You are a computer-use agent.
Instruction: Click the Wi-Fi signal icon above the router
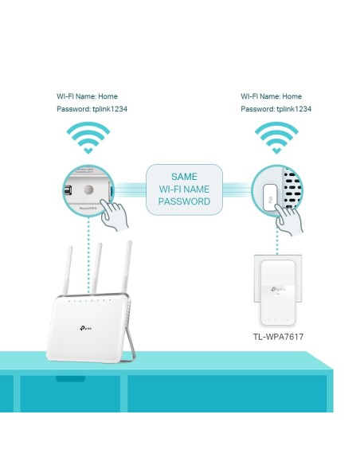(88, 137)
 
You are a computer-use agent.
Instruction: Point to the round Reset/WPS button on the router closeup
(90, 191)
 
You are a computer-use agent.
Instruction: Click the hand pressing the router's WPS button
(119, 214)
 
